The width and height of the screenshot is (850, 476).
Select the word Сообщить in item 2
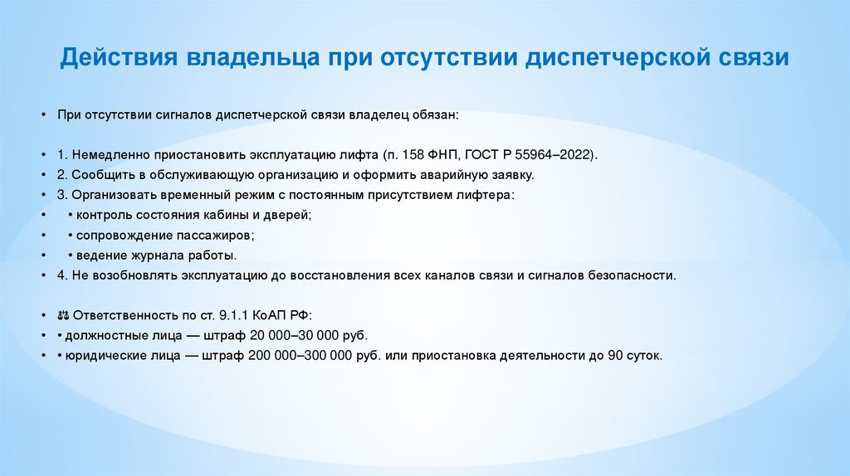[x=100, y=175]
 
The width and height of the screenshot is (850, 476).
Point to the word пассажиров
[x=212, y=235]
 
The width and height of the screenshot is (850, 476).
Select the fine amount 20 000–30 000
[x=291, y=335]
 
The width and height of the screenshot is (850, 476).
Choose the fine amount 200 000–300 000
[x=305, y=355]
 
